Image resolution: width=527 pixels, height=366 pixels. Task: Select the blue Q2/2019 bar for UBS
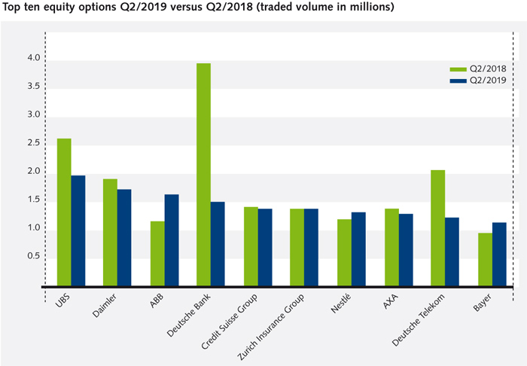78,230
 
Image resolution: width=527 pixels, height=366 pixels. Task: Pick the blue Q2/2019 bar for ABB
172,240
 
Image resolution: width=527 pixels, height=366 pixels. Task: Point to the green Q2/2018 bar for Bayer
485,260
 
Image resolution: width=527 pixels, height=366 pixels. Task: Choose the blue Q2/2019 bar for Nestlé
358,249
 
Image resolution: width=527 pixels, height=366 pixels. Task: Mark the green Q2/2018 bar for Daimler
109,233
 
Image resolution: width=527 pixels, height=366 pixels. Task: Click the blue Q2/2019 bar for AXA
406,250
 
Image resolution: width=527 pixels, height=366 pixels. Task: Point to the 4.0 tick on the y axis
33,58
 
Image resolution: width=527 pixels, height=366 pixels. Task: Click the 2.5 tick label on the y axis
33,143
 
